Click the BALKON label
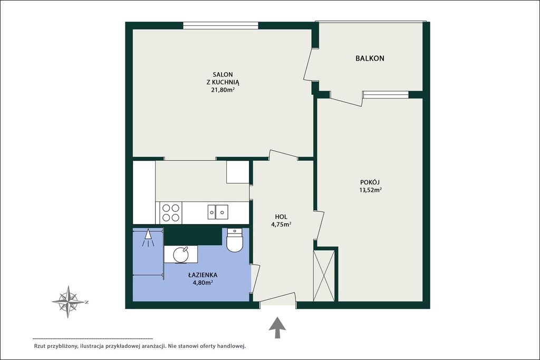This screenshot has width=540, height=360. (x=370, y=58)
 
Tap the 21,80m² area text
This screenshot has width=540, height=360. (x=223, y=90)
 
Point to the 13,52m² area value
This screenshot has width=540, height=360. (x=370, y=190)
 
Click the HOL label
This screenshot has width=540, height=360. (x=281, y=217)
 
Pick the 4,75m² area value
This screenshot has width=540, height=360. (x=281, y=225)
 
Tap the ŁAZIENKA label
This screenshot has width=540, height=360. (x=202, y=275)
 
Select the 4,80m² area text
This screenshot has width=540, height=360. (x=202, y=283)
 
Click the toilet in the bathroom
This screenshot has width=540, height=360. (x=235, y=240)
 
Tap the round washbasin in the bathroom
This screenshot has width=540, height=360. (x=181, y=255)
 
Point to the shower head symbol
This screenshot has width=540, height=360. (x=148, y=238)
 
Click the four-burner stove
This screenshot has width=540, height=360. (x=171, y=213)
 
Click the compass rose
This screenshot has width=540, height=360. (x=69, y=302)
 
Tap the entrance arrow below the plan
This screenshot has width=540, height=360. (x=277, y=328)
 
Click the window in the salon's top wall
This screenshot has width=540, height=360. (x=220, y=25)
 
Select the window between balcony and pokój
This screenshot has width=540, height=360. (x=385, y=95)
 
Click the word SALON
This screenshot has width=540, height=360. (x=223, y=74)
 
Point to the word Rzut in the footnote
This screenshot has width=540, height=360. (x=40, y=346)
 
